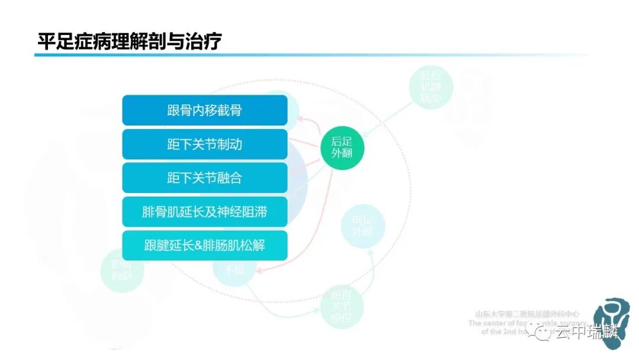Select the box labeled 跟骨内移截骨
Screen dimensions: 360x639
205,111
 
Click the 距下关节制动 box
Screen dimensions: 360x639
205,144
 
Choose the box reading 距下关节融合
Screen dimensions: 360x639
205,178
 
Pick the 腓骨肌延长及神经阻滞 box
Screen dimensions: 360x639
205,212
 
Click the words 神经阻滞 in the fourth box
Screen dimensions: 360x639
245,212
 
